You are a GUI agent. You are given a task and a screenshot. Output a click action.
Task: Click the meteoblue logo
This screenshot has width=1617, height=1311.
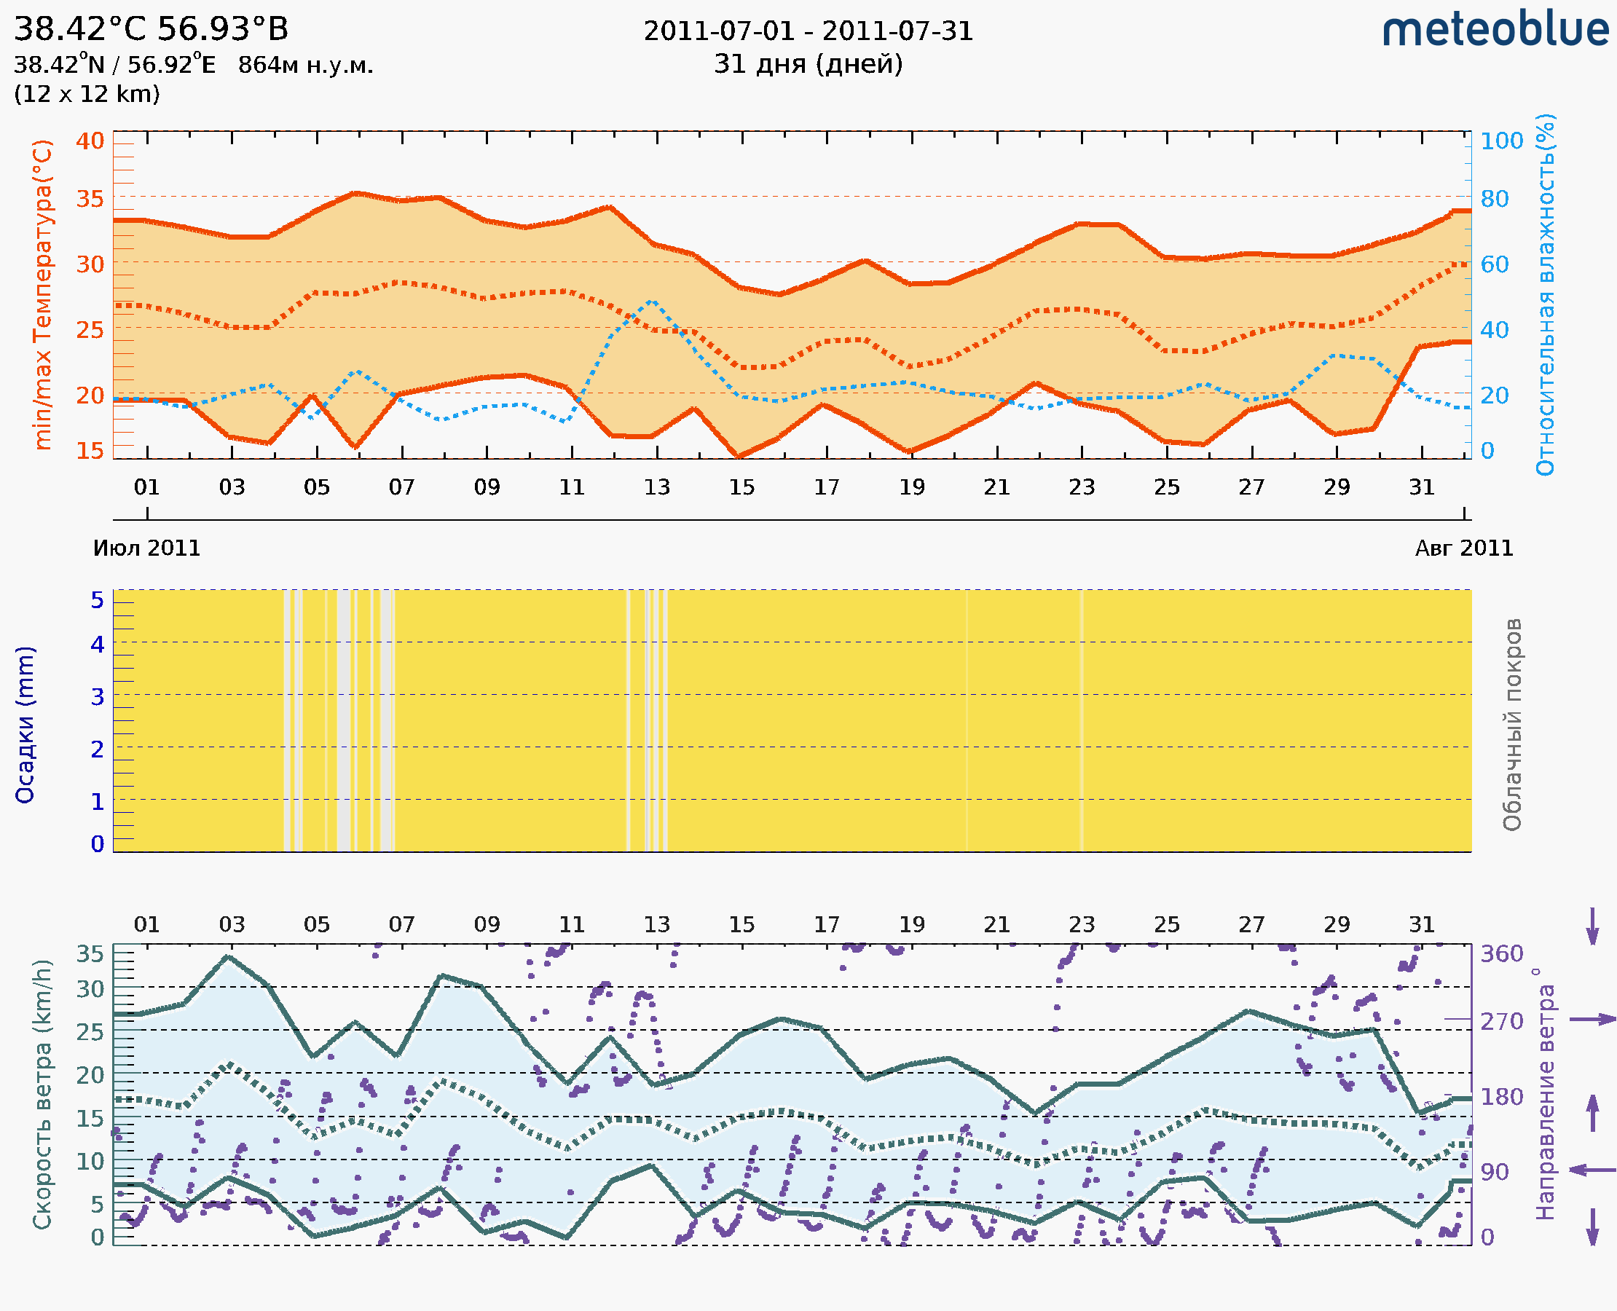1495,30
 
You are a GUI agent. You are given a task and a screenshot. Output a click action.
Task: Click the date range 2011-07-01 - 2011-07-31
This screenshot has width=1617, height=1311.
808,31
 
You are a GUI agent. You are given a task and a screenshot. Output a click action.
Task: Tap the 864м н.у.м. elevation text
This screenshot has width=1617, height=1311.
305,66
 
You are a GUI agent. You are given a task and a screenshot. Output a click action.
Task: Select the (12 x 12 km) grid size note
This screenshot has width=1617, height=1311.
87,95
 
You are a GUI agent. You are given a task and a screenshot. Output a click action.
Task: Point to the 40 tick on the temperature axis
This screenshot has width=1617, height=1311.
90,141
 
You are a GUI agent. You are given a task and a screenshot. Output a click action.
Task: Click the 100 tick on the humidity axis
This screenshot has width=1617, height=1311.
1501,141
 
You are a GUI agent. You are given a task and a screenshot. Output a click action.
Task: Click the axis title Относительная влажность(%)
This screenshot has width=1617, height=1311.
1545,294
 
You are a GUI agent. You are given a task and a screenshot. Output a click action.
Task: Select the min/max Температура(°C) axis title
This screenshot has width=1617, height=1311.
43,294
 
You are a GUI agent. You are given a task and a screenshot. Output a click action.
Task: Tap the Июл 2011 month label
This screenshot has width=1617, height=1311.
146,548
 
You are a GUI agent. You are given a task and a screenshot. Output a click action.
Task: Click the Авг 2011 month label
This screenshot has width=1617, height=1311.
1464,548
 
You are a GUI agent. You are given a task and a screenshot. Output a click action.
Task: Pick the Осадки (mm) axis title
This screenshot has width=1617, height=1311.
25,725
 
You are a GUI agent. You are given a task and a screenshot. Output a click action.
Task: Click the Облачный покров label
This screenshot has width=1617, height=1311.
1512,725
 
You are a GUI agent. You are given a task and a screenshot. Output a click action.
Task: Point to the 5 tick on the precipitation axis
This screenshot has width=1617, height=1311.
98,600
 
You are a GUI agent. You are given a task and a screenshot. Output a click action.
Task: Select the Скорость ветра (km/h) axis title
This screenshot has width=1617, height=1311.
42,1095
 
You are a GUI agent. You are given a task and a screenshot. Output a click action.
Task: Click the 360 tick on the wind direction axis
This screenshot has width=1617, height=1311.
1501,954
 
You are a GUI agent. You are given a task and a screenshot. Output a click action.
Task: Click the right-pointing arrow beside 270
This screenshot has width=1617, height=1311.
1592,1020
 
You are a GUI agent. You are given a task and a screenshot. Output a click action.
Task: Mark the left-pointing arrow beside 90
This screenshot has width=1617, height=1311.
1592,1170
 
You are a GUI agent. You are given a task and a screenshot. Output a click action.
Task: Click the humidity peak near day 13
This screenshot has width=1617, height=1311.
653,301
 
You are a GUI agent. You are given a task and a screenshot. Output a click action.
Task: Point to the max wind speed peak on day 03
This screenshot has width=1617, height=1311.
229,957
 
